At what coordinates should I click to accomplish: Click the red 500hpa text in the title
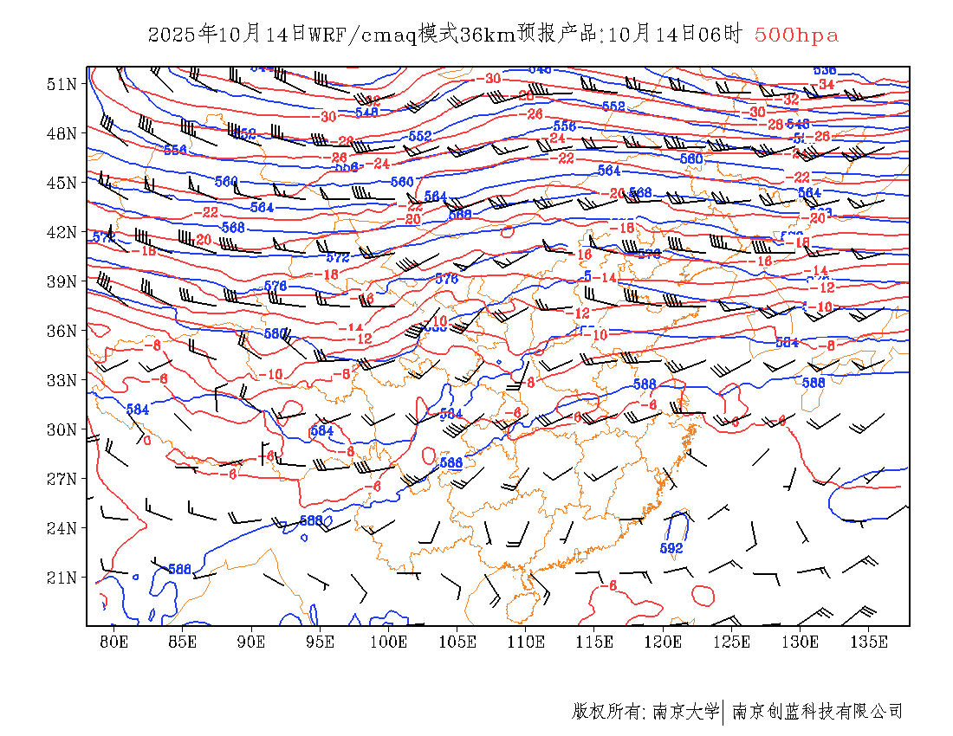796,35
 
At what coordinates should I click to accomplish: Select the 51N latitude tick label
61,84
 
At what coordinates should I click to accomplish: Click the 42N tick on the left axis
61,232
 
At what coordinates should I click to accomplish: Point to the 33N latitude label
61,380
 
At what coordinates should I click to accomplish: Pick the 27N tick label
61,479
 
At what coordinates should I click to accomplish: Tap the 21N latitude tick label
61,578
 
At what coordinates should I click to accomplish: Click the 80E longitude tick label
114,642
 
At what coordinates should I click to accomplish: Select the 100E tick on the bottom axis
389,642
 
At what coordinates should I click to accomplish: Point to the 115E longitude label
595,642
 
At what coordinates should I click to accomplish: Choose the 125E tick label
732,642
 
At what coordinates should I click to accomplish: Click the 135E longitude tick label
869,642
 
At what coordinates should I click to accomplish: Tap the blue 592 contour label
671,548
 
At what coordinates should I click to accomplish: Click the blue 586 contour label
179,569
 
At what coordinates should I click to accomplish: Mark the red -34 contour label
826,85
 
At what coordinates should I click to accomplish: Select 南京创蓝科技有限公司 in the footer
817,712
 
